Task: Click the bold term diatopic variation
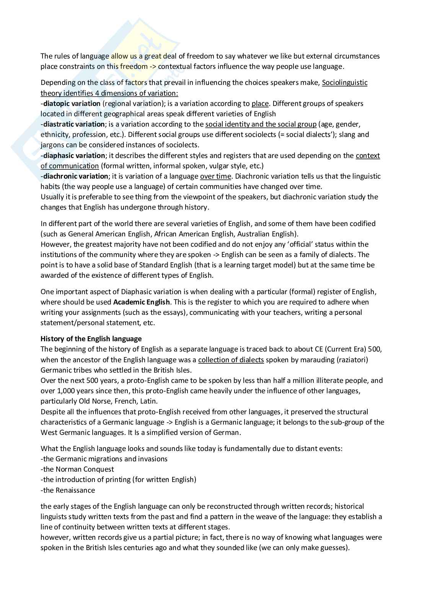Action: tap(72, 103)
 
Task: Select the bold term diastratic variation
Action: tap(73, 124)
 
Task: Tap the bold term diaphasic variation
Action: tap(74, 155)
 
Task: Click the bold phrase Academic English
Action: tap(142, 302)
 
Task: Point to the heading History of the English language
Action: tap(91, 339)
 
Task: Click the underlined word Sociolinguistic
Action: tap(345, 82)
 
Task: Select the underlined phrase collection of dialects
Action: tap(231, 360)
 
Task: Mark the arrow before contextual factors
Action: tap(153, 67)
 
